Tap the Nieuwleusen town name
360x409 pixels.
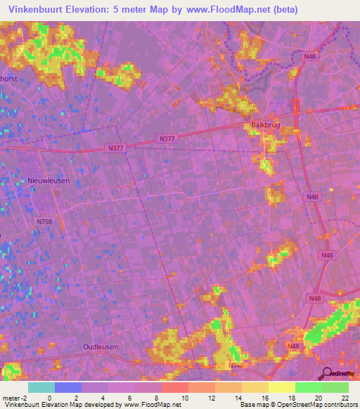click(49, 181)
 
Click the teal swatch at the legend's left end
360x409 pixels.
click(41, 387)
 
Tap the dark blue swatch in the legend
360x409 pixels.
click(68, 387)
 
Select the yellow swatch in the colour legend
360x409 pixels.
click(282, 387)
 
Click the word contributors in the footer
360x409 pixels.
click(340, 405)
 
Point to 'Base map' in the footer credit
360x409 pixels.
click(253, 405)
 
